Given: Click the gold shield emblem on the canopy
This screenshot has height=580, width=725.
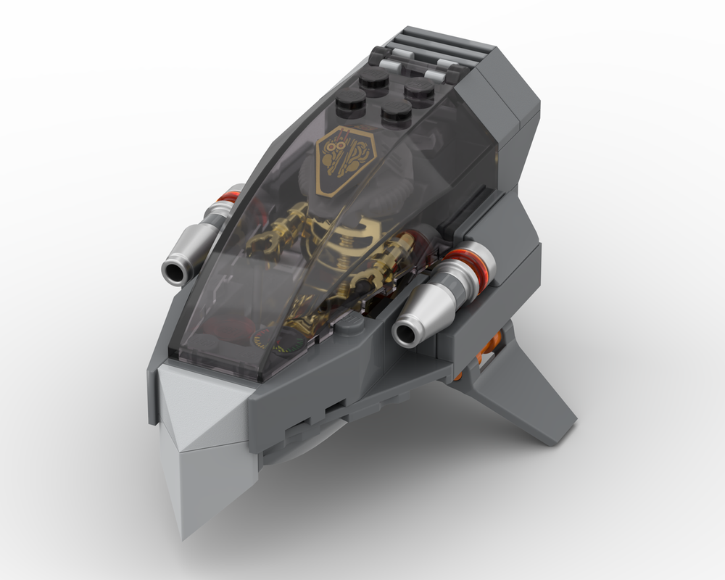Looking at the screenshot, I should click(x=347, y=160).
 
